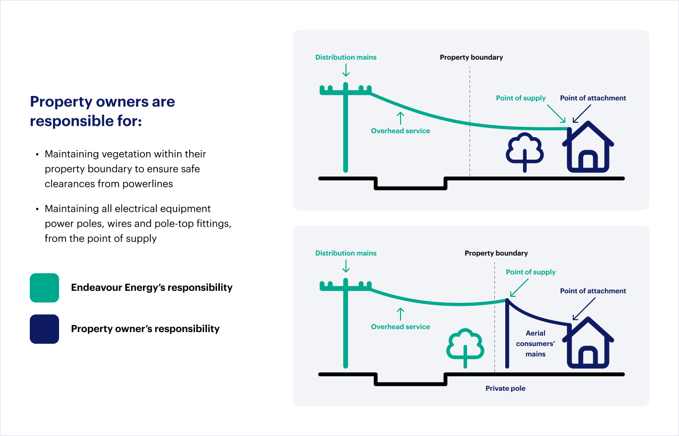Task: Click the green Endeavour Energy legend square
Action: [x=44, y=288]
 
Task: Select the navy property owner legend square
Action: [x=44, y=329]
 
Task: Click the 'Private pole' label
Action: [x=505, y=388]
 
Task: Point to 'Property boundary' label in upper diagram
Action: [x=472, y=57]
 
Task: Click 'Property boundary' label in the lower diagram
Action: [x=496, y=253]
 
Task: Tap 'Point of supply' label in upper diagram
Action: [x=521, y=98]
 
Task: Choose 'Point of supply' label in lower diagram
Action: [x=531, y=272]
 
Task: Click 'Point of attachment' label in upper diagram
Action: [x=593, y=98]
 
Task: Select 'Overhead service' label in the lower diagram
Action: [x=401, y=327]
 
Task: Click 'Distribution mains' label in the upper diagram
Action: [x=346, y=57]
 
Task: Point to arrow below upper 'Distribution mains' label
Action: [x=346, y=71]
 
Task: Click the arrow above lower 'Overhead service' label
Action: [x=401, y=314]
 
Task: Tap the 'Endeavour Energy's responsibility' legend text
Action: [x=152, y=287]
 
